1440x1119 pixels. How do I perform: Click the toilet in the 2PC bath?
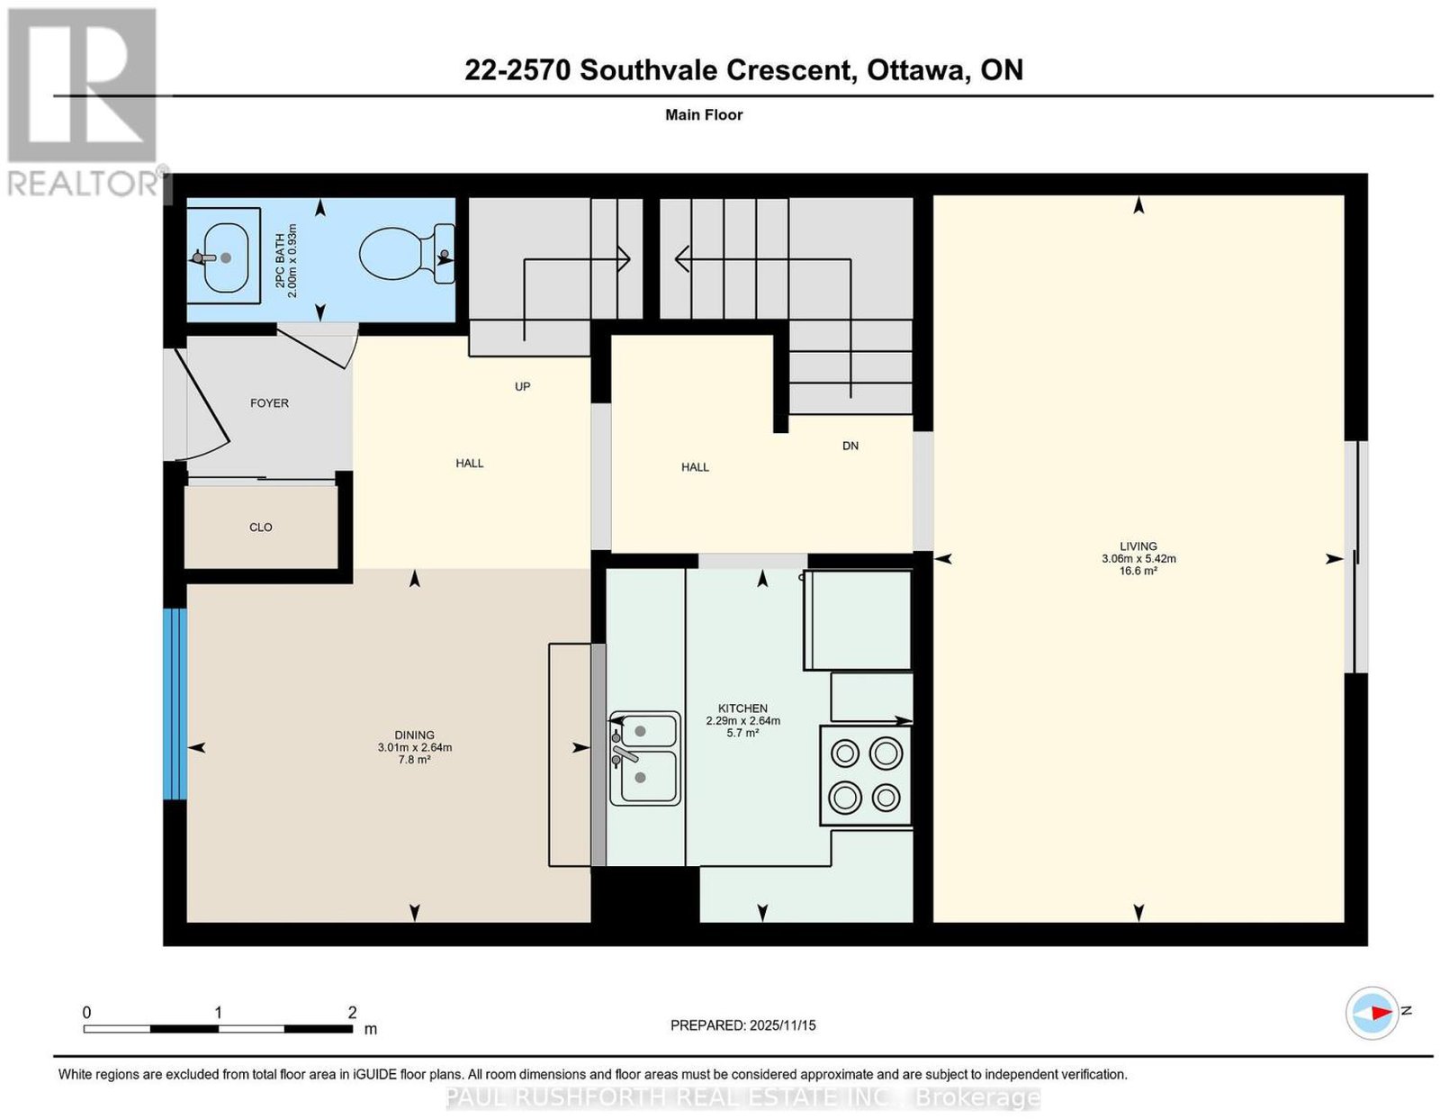406,255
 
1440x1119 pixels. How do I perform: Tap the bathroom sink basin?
225,257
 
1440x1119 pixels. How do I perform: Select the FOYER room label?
269,402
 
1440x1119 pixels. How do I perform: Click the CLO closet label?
260,528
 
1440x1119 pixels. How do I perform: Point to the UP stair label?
522,386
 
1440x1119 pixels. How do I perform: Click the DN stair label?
850,446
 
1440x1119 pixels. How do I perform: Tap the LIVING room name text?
1138,546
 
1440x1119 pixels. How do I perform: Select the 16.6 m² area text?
1138,571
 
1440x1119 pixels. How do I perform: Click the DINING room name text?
415,735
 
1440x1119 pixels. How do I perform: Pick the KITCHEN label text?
742,708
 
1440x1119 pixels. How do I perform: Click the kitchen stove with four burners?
866,776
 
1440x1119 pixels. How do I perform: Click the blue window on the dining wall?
175,704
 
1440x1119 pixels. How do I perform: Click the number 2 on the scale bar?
352,1013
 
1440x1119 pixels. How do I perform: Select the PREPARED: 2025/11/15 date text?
742,1025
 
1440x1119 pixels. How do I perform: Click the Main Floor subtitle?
704,114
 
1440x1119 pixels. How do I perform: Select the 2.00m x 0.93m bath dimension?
292,260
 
